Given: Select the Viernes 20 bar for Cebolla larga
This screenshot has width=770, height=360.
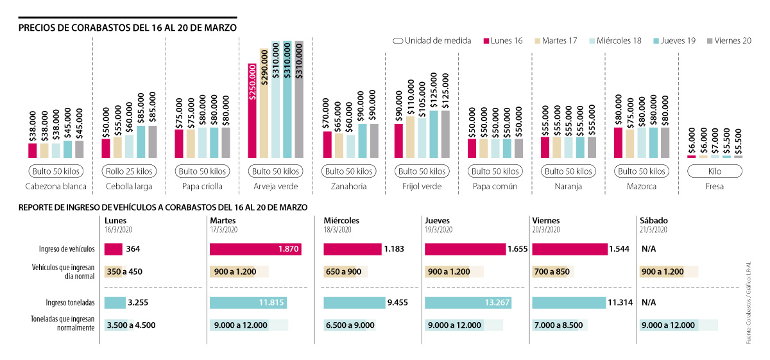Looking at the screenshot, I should coord(153,141).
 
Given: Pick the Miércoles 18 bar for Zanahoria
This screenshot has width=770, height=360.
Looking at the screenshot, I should coord(350,146).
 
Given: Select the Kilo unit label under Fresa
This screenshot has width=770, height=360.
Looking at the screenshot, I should coord(714,171).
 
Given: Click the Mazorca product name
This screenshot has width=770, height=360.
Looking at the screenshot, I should coord(641,187).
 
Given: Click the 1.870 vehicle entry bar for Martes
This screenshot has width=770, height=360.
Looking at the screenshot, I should coord(255,248).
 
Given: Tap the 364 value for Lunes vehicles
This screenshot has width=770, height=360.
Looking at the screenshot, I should coord(134,249).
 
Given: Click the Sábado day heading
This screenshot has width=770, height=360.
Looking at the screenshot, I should coord(654,220).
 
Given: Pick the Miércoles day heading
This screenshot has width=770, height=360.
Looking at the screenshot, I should coord(341,220).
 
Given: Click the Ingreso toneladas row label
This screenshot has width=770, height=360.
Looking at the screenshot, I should coord(71,302).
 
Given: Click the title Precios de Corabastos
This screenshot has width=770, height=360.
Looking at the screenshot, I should coord(128,28).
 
